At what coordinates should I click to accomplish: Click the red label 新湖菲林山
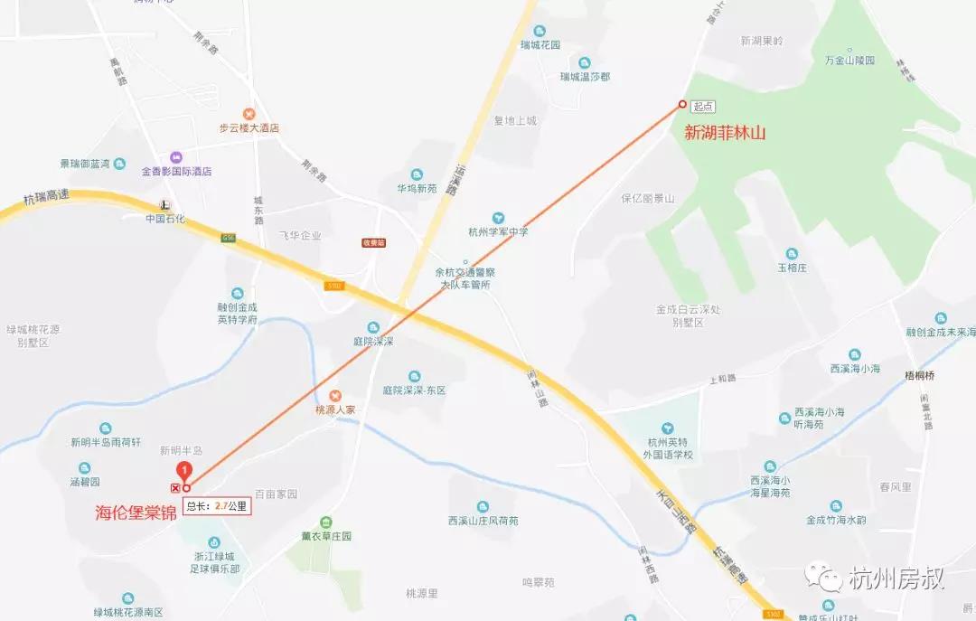point(725,134)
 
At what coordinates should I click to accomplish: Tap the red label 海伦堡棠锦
point(136,513)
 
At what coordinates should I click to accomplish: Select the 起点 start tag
point(704,107)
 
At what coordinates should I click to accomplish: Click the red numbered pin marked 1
point(184,470)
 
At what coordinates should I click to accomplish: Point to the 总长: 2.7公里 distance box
point(216,506)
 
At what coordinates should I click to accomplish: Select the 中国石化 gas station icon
point(164,203)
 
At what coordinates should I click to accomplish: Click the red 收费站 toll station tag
point(373,242)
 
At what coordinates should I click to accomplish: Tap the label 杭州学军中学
point(498,232)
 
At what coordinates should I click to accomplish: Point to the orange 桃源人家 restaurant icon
point(335,395)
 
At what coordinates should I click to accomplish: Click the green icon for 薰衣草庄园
point(326,523)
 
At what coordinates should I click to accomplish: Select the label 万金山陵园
point(849,61)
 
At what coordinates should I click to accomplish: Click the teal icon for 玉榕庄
point(792,254)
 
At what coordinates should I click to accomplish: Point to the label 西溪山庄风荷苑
point(483,521)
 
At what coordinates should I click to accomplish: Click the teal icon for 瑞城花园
point(540,31)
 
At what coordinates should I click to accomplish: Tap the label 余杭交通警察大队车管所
point(465,278)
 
